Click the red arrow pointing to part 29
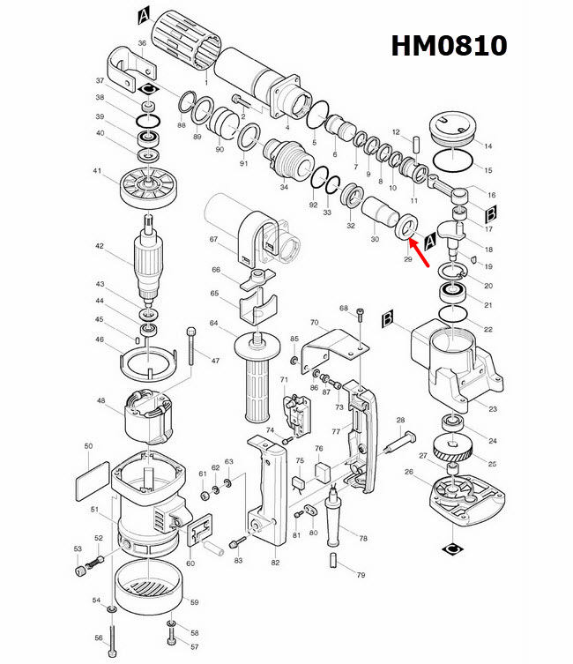pyautogui.click(x=421, y=252)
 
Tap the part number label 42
pyautogui.click(x=100, y=247)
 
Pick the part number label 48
pyautogui.click(x=100, y=401)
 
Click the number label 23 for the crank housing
pyautogui.click(x=493, y=408)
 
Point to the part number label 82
pyautogui.click(x=275, y=562)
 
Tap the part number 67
pyautogui.click(x=212, y=240)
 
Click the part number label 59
pyautogui.click(x=195, y=602)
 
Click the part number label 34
pyautogui.click(x=283, y=187)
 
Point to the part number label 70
pyautogui.click(x=313, y=323)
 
